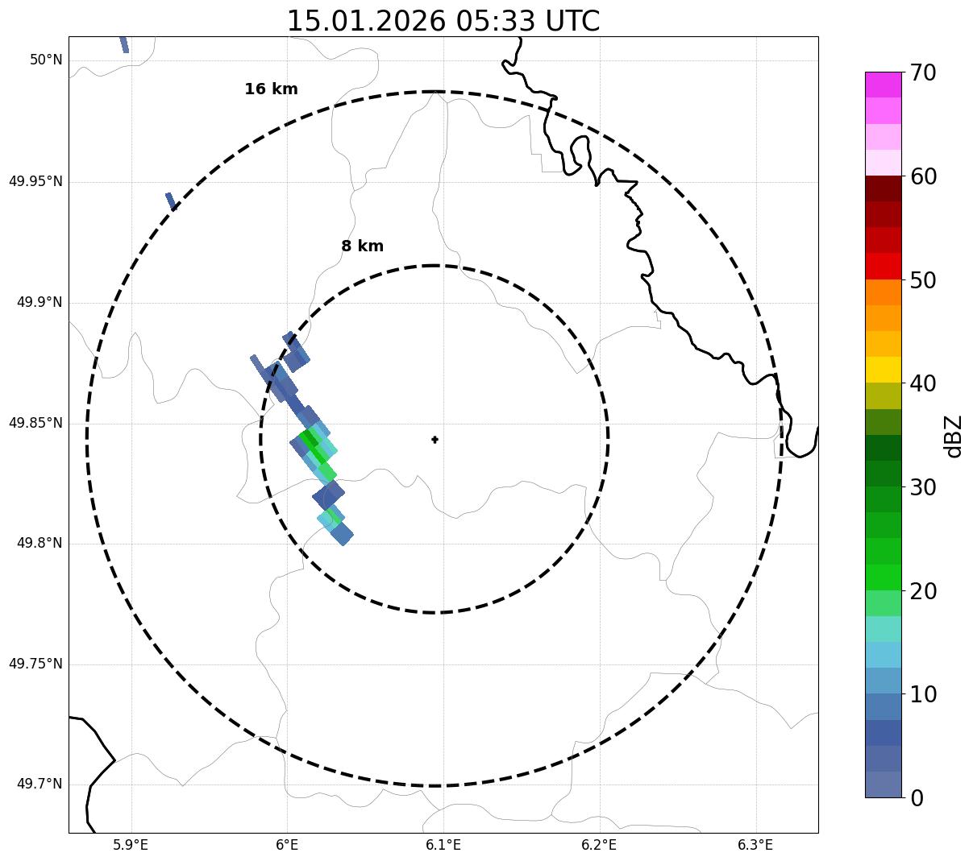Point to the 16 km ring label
tap(271, 89)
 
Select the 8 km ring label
tap(362, 246)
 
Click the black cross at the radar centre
tap(435, 440)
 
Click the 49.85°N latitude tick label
tap(35, 423)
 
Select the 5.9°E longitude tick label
tap(131, 845)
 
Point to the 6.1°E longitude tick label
tap(443, 845)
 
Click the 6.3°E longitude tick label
tap(755, 845)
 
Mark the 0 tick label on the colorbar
tap(917, 798)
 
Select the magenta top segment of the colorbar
tap(883, 85)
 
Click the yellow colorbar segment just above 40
tap(883, 370)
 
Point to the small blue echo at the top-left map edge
tap(124, 44)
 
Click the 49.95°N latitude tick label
tap(35, 181)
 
